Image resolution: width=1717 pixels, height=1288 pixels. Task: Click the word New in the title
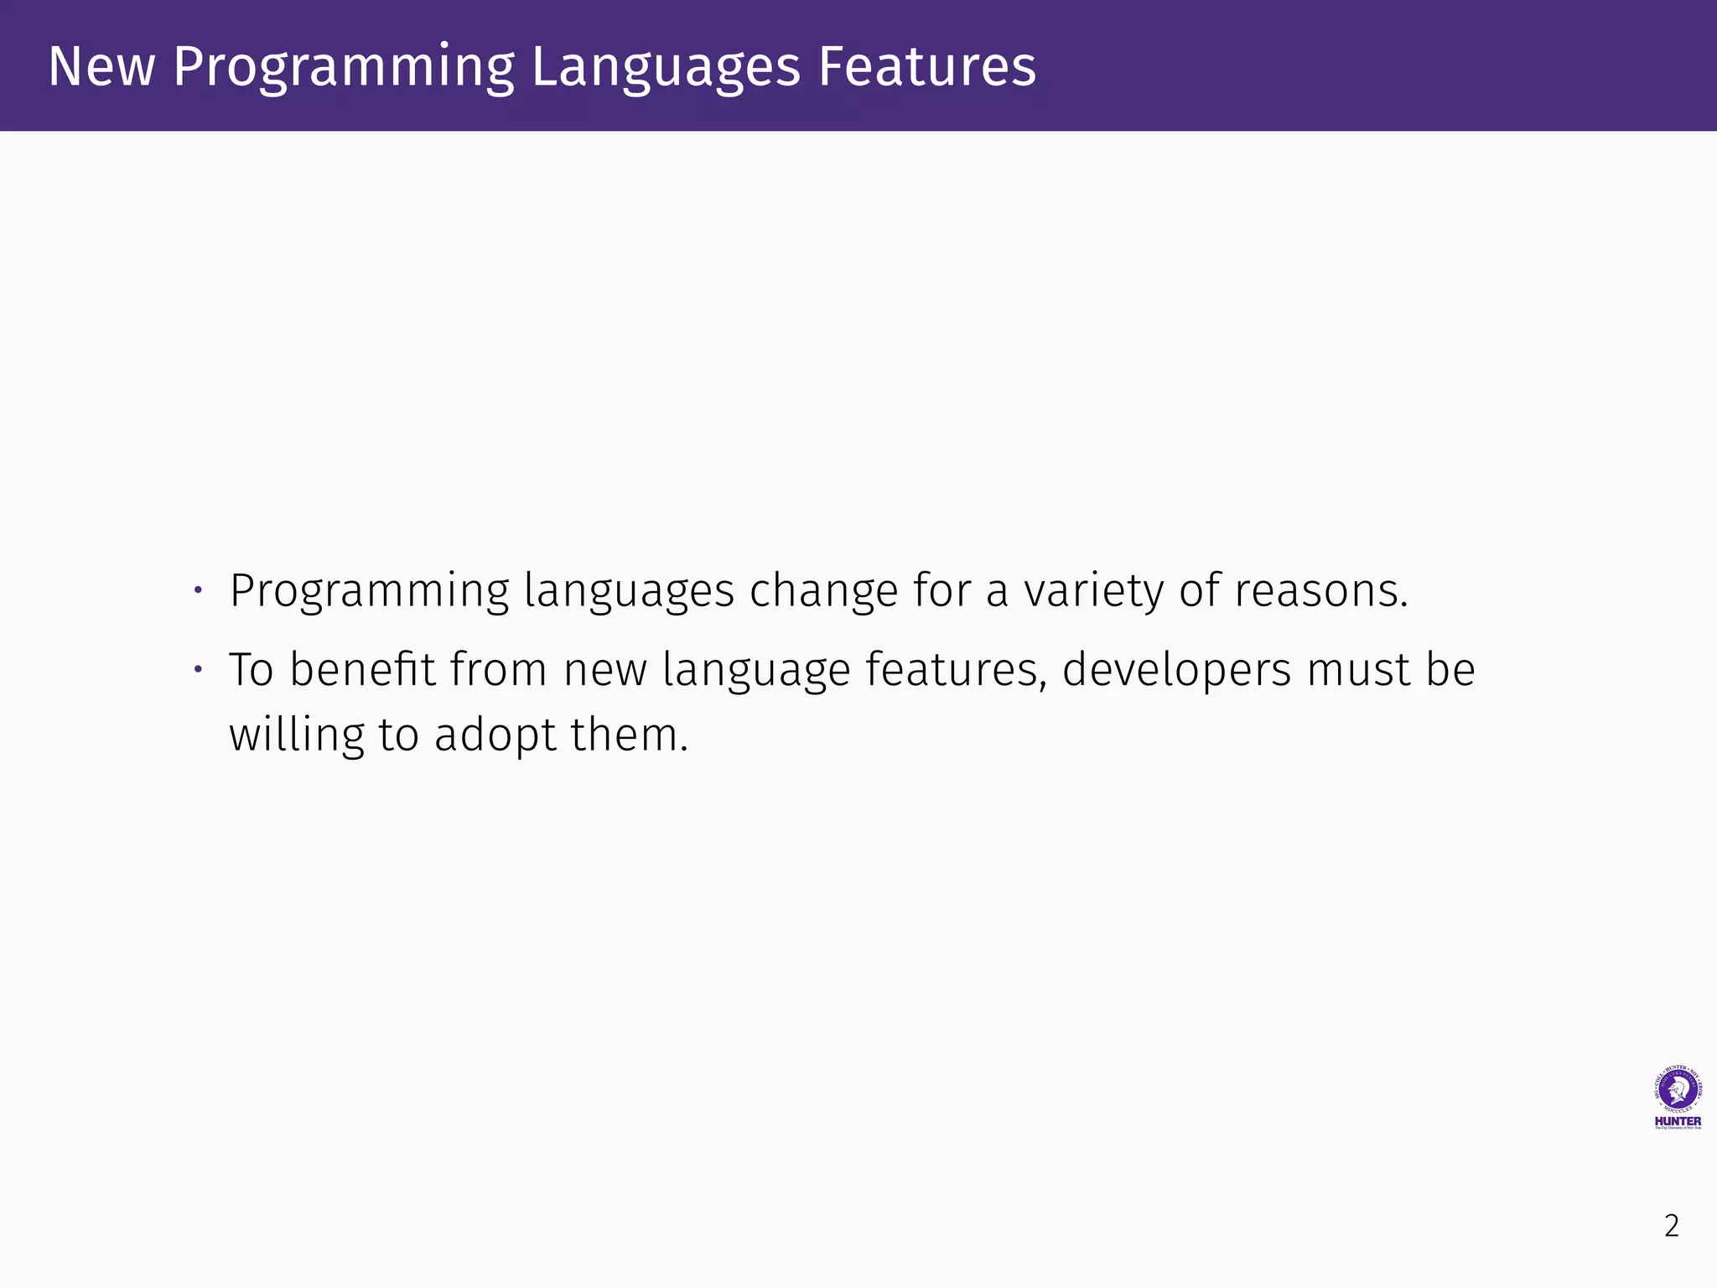[x=101, y=66]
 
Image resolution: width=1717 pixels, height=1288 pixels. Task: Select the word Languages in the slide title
[x=666, y=68]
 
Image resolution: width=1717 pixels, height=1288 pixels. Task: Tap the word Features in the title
[x=927, y=66]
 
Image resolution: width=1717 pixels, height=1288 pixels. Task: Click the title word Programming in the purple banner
[x=344, y=68]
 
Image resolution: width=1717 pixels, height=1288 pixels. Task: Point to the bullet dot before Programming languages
[x=198, y=590]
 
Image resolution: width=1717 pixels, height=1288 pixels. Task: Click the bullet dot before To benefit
[x=198, y=669]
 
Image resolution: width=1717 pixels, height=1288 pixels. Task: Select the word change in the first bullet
[x=823, y=590]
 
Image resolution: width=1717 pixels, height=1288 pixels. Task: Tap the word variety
[x=1094, y=590]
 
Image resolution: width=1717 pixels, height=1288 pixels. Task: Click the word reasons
[x=1321, y=590]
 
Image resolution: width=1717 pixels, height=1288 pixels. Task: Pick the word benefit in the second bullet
[x=362, y=669]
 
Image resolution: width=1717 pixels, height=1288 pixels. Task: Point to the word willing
[x=297, y=735]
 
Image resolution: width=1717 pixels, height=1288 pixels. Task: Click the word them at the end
[x=629, y=735]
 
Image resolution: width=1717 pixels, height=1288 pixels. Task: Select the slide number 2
[x=1671, y=1226]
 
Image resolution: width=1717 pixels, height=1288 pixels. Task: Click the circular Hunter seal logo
[x=1678, y=1090]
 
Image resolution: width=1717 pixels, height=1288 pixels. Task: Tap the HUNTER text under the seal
[x=1678, y=1121]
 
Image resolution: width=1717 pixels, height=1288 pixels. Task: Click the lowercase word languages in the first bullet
[x=629, y=592]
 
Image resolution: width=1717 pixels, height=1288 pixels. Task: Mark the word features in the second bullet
[x=956, y=669]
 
